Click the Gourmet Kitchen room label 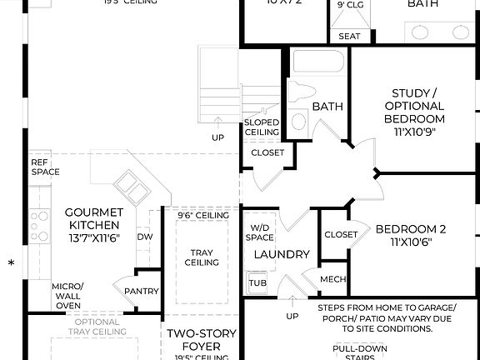pos(93,225)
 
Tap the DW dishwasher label pos(144,236)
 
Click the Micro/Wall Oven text pos(67,296)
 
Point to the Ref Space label pos(45,167)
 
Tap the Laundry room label pos(282,254)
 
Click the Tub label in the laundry pos(257,283)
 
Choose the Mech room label pos(332,279)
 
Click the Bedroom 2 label pos(411,236)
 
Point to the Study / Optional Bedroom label pos(413,112)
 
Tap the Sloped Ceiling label pos(261,127)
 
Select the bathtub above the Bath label pos(316,63)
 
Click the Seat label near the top pos(350,37)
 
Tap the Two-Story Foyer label pos(202,341)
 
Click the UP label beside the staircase pos(218,137)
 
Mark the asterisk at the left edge pos(11,265)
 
